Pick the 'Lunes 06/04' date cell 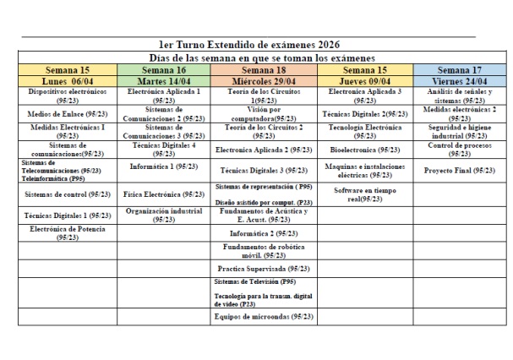point(67,80)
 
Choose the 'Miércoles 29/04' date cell point(263,80)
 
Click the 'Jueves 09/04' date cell point(363,80)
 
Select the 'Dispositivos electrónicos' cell point(67,94)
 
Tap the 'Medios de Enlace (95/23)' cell point(67,112)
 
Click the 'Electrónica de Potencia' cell point(67,233)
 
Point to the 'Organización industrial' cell point(163,215)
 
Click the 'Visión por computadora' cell point(263,112)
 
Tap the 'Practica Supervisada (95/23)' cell point(263,268)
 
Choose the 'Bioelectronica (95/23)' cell point(363,149)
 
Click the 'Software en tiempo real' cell point(363,195)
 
